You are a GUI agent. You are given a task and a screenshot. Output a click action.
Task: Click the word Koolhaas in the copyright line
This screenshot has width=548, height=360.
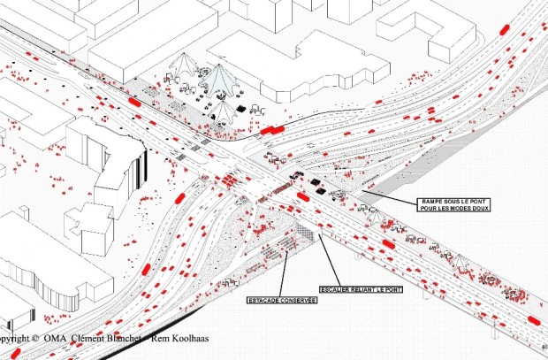tap(175, 339)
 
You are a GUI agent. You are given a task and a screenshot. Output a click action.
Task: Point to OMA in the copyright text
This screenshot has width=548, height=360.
tap(56, 339)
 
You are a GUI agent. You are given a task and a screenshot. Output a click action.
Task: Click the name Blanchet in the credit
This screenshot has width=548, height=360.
tap(118, 339)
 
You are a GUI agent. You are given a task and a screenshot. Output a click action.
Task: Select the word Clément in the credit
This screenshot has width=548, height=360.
tap(87, 339)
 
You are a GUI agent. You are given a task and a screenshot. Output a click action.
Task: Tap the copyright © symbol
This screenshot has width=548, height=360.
tap(34, 339)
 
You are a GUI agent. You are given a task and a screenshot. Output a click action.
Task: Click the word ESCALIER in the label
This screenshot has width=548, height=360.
tap(335, 291)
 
